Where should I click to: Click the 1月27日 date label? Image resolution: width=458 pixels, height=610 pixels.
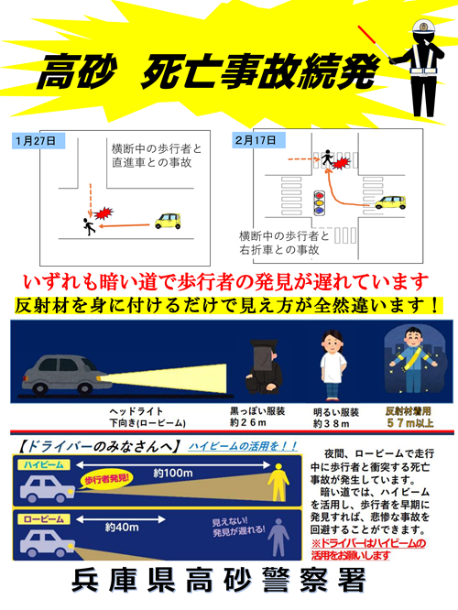click(x=36, y=141)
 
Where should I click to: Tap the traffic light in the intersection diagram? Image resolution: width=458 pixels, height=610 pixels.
click(x=320, y=202)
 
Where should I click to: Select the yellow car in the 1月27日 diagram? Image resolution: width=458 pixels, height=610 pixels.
click(x=168, y=221)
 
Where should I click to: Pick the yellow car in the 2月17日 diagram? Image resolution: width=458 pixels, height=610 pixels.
click(x=390, y=202)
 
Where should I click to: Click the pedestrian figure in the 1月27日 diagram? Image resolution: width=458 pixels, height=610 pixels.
click(x=89, y=226)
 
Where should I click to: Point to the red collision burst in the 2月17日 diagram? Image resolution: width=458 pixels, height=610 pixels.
click(x=341, y=163)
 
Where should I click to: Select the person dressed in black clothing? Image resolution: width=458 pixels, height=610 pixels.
click(x=264, y=365)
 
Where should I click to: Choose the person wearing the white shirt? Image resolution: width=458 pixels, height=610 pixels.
click(x=333, y=365)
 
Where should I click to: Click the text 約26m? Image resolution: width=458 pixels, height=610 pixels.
click(x=248, y=422)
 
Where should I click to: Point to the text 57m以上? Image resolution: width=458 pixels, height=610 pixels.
click(x=410, y=423)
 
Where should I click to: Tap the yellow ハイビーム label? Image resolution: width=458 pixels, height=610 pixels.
click(x=44, y=464)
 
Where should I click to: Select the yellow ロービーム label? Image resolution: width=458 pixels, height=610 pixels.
click(x=44, y=519)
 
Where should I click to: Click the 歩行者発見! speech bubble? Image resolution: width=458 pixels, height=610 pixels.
click(x=106, y=479)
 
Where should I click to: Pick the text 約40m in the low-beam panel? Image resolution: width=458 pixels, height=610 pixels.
click(x=122, y=528)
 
